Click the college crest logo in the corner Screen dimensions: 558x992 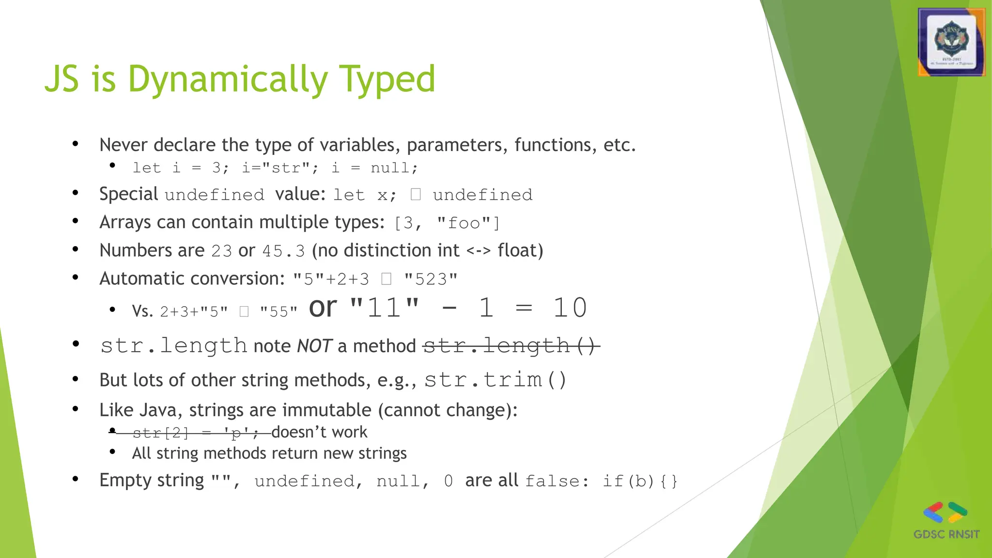tap(951, 42)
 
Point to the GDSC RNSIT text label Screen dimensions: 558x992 tap(946, 534)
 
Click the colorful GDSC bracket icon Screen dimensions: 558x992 tap(945, 512)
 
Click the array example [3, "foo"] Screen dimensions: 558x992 tap(447, 223)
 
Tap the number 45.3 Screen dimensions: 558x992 tap(283, 251)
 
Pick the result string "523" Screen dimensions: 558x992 tap(431, 279)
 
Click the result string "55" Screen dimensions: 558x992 tap(279, 311)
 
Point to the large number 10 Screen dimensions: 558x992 tap(570, 308)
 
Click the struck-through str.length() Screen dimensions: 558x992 tap(510, 346)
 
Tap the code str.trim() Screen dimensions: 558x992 tap(495, 380)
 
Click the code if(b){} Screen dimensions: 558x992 tap(639, 481)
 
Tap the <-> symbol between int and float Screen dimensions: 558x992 tap(479, 251)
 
